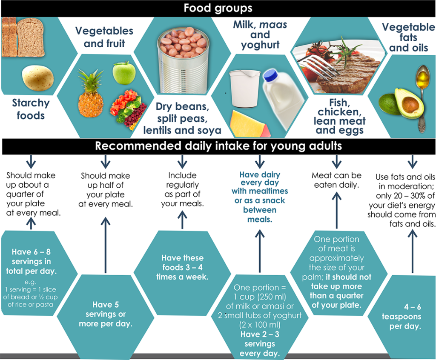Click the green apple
tap(124, 73)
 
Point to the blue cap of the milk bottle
tap(270, 76)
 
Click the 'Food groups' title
tap(218, 8)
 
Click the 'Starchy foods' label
tap(31, 109)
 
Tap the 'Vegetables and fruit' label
tap(104, 37)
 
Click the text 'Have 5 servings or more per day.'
tap(105, 314)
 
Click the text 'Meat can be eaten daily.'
tap(336, 180)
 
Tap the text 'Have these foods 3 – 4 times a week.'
tap(182, 267)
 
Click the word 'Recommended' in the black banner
tap(129, 146)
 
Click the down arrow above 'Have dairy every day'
tap(259, 162)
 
